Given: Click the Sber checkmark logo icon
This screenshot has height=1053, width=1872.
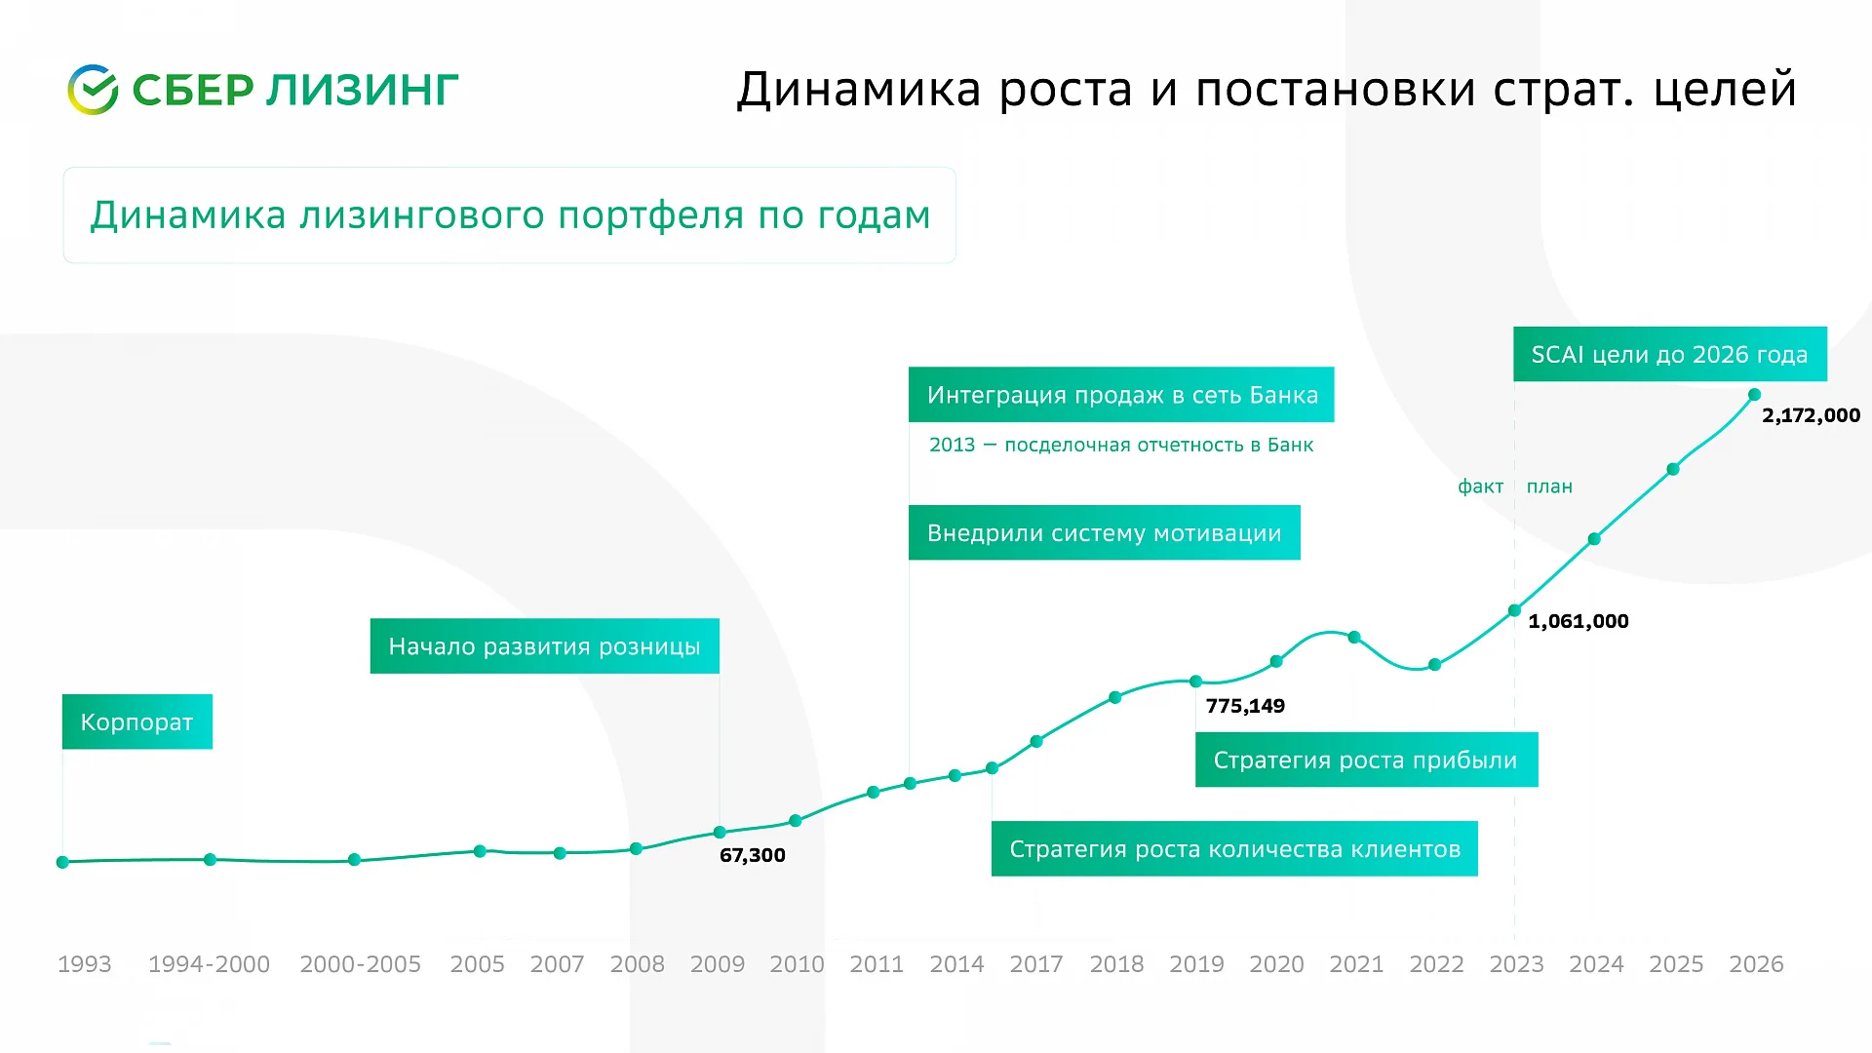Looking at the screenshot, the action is point(93,90).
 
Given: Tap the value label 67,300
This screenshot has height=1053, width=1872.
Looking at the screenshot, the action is point(752,855).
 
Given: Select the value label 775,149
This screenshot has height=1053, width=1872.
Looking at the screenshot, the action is point(1245,706).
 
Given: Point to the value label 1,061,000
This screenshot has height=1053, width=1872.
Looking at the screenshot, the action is point(1579,621).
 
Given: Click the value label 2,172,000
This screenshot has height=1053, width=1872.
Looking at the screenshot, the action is point(1811,415).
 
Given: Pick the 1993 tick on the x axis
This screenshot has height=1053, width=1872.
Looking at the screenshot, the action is point(85,964).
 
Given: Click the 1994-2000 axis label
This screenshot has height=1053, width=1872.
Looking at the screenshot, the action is point(209,964).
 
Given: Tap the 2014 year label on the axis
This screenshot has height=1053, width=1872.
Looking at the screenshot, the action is point(956,964).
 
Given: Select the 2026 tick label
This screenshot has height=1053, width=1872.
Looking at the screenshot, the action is point(1756,964).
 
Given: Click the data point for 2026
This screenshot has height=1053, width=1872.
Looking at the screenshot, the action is point(1754,395).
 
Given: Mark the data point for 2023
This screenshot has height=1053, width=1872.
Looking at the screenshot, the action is point(1514,610).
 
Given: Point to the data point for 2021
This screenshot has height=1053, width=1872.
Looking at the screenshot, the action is point(1354,638).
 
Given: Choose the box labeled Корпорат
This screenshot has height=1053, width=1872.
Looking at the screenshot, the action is point(137,721).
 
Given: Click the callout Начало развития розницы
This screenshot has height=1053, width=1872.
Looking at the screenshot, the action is point(545,645).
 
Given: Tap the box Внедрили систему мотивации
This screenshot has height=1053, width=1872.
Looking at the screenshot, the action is point(1105,532).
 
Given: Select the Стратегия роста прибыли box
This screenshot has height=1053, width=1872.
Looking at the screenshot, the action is point(1367,760).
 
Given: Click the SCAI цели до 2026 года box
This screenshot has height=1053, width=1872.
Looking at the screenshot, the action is point(1670,354).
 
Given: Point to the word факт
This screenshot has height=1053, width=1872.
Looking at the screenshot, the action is point(1481,487).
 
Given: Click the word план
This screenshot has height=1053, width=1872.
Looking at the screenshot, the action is point(1549,487).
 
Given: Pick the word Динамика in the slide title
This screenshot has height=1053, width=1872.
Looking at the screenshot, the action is point(859,90).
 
